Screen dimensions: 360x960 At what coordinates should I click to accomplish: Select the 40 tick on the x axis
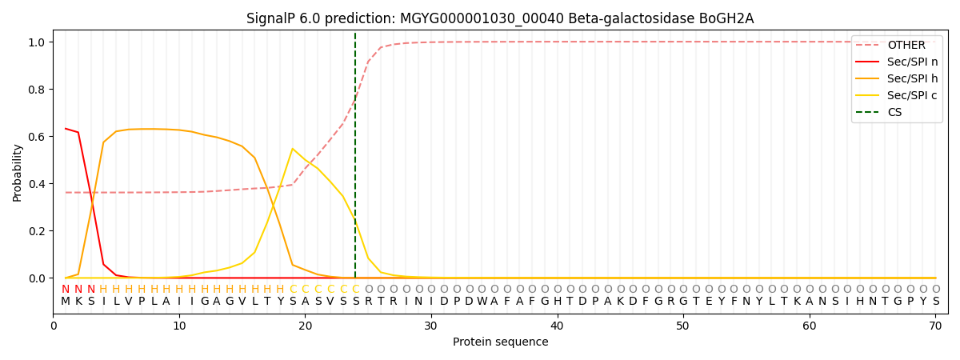point(557,326)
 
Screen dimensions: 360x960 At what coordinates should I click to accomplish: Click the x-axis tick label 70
point(935,326)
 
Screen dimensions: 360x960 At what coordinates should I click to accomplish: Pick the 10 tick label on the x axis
point(179,326)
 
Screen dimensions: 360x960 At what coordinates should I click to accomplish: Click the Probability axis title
point(18,172)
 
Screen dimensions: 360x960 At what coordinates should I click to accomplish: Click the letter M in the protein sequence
point(66,302)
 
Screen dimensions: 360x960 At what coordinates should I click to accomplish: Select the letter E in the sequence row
point(708,302)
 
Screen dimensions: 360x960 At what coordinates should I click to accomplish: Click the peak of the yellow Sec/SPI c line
point(293,149)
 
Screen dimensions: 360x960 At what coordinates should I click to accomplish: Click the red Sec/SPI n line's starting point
point(66,129)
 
